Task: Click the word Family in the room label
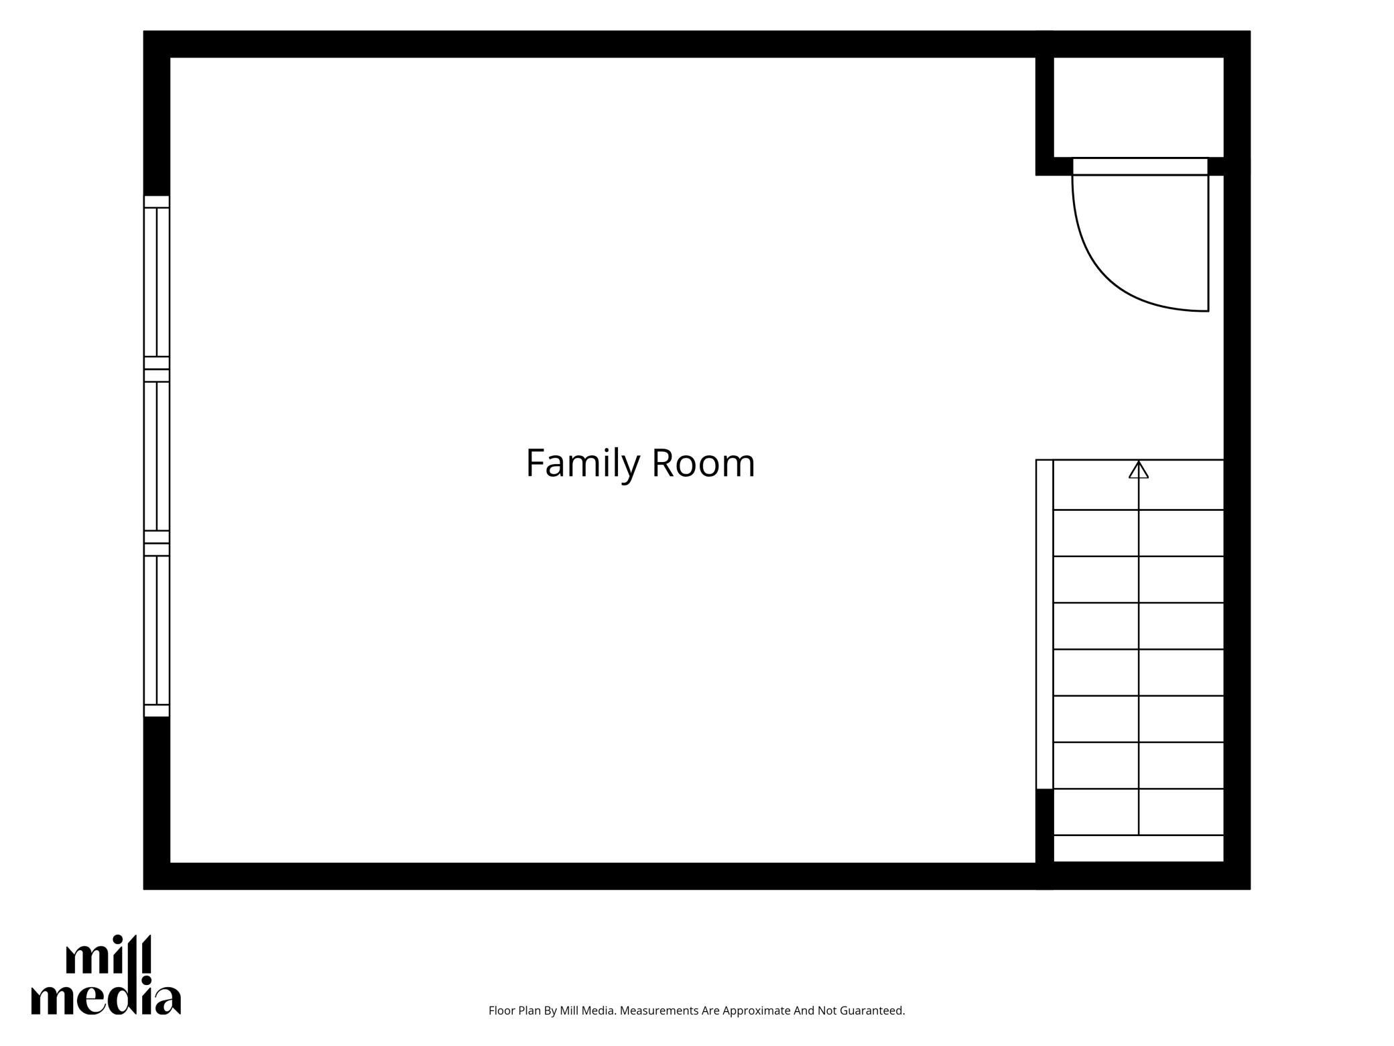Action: pos(582,464)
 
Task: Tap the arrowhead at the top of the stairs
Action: pos(1138,469)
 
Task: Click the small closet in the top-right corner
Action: pos(1138,107)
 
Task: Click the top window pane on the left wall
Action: pos(157,282)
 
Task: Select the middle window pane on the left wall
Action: pos(157,456)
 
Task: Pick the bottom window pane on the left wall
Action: pos(157,630)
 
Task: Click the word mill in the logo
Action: pos(109,955)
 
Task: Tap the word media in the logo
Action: pos(106,999)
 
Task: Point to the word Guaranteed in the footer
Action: pos(871,1010)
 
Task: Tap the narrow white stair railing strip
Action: pos(1045,624)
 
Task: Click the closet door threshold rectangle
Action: pos(1140,166)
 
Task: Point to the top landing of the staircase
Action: pos(1138,485)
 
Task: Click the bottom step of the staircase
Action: pos(1138,848)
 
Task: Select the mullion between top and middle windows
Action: pos(157,369)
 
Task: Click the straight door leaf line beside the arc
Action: pos(1208,243)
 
